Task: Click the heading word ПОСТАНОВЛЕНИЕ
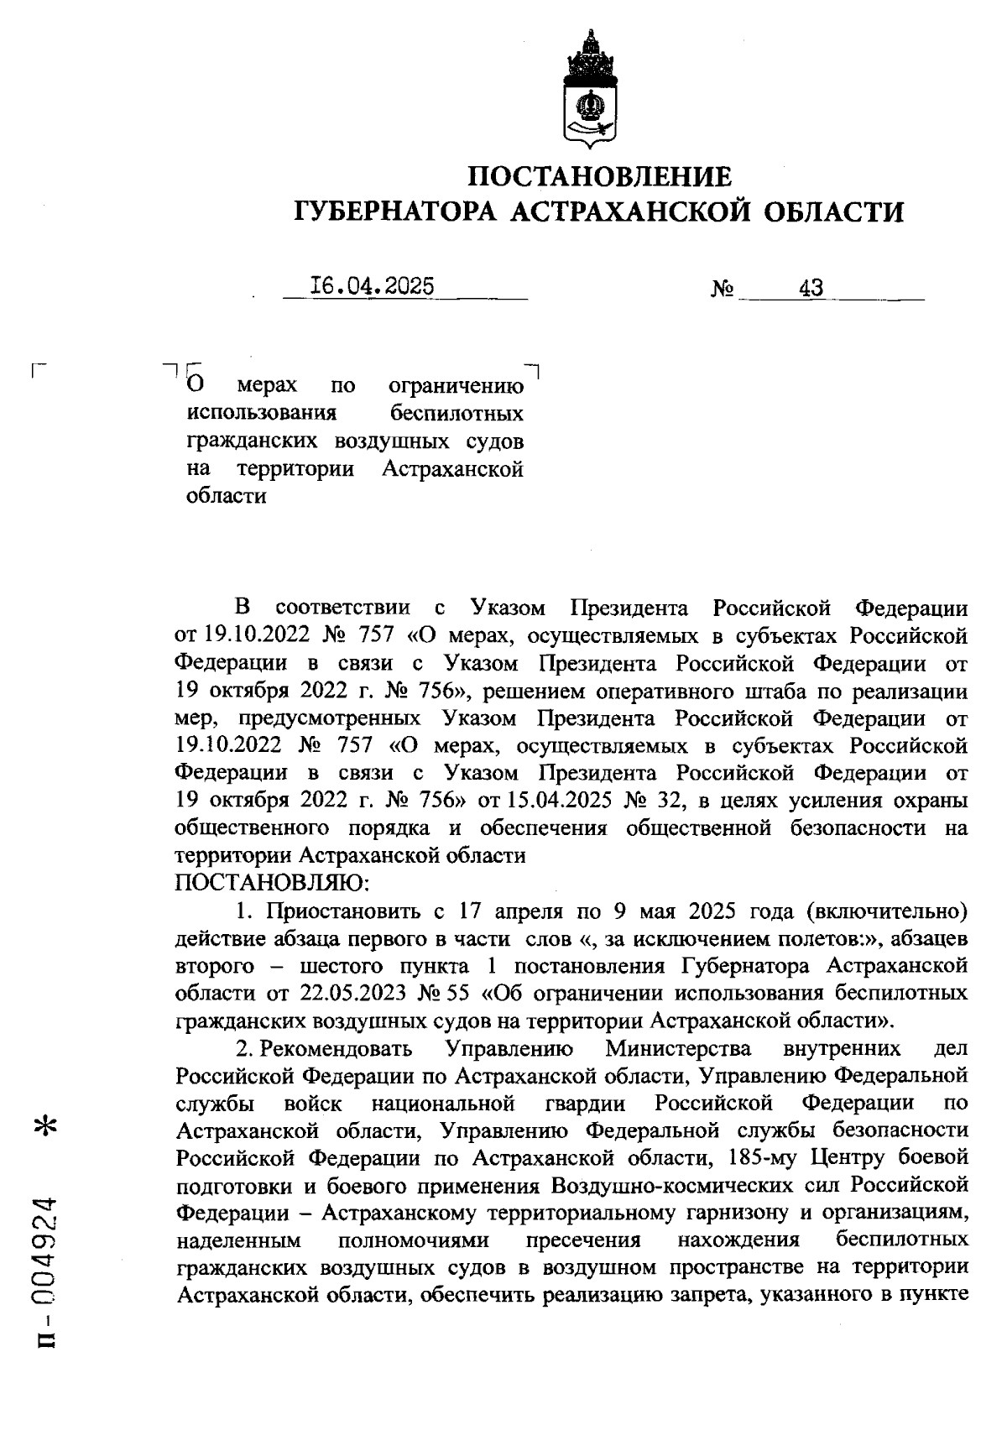(x=599, y=176)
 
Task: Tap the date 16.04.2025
(x=372, y=286)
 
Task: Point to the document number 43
(x=811, y=289)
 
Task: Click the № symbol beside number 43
(x=723, y=290)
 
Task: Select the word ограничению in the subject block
(x=457, y=387)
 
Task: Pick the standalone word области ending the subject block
(x=226, y=495)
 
